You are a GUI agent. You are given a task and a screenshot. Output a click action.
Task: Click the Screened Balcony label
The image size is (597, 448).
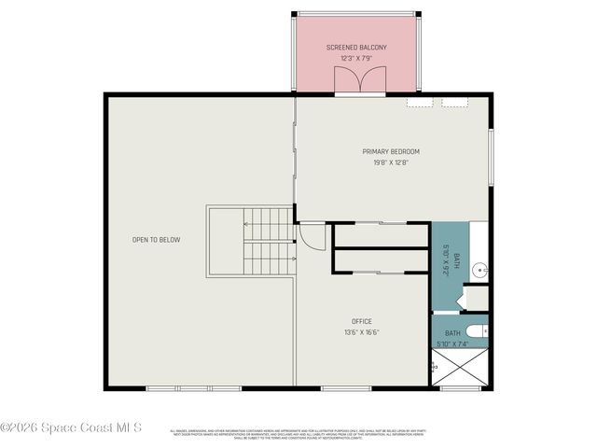[356, 48]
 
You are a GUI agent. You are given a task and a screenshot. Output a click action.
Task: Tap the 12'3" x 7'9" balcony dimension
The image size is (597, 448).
[356, 59]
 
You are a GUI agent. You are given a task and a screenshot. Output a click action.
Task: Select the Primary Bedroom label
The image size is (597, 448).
[391, 151]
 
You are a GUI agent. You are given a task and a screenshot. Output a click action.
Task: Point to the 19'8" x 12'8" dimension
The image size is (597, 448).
[391, 162]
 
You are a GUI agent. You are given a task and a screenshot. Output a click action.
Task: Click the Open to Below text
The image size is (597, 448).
[156, 240]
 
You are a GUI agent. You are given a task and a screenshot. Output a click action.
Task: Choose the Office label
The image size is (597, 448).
[362, 321]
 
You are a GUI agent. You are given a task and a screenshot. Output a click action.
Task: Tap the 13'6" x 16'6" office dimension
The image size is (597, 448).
[362, 332]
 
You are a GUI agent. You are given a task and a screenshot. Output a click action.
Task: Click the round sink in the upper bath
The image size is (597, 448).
[479, 270]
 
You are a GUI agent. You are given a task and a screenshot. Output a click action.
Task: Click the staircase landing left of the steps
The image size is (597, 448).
[225, 242]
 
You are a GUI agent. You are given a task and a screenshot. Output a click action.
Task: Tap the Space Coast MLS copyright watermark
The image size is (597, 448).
[71, 428]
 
